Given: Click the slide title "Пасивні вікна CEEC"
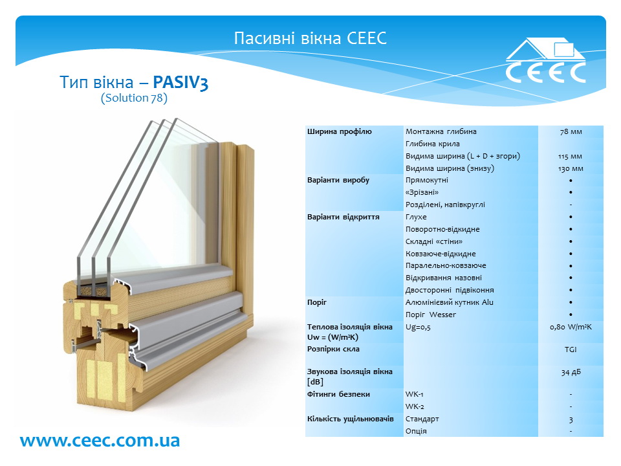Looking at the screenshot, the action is [x=310, y=38].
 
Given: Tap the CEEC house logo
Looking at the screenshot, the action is [x=545, y=60].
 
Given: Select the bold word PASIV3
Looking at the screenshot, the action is [x=180, y=82].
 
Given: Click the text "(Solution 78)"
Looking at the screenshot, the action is [x=135, y=98].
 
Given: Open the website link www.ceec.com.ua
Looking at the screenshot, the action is [x=100, y=440].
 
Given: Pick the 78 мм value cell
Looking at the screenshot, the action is [x=571, y=131].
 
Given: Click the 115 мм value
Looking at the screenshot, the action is [x=571, y=157].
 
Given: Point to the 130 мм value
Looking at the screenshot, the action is [x=571, y=169].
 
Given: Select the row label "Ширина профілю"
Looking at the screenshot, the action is [x=340, y=131].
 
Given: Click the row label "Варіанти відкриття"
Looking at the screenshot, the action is [x=343, y=217].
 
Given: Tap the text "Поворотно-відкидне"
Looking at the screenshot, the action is [x=442, y=229].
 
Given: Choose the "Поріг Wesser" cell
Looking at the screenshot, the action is [x=431, y=315].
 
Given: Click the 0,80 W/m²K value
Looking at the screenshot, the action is [x=571, y=327].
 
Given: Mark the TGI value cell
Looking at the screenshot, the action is [x=571, y=349].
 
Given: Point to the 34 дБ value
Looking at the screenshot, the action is [x=571, y=372].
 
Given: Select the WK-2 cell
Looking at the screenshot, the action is [x=415, y=406].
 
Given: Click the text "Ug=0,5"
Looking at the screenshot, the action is [x=418, y=327].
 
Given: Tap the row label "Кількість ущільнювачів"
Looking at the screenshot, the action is [x=351, y=419].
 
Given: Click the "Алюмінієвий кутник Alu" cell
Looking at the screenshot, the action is [x=449, y=302].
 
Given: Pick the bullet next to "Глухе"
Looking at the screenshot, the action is [x=571, y=217].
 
